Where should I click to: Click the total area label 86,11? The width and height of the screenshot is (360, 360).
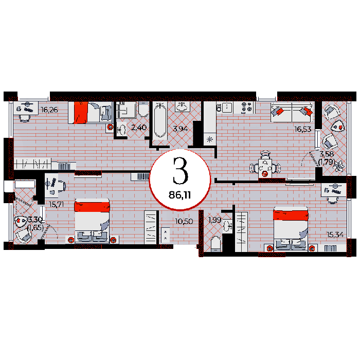[x=180, y=195]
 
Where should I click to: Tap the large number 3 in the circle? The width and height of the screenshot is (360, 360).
[x=180, y=171]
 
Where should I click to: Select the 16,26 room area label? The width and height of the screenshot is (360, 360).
[x=49, y=110]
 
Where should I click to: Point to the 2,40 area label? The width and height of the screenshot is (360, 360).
[x=139, y=128]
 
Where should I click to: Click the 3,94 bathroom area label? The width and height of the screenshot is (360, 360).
[x=181, y=129]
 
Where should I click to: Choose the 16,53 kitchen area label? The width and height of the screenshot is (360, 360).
[x=303, y=129]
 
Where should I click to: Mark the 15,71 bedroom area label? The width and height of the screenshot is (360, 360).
[x=57, y=204]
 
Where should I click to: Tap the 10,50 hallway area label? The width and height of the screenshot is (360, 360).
[x=184, y=221]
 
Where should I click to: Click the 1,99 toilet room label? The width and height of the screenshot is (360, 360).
[x=215, y=220]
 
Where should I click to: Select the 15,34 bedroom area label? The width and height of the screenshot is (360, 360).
[x=335, y=235]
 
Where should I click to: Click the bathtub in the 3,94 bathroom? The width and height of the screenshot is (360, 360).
[x=160, y=120]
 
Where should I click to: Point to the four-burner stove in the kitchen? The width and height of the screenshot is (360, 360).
[x=247, y=107]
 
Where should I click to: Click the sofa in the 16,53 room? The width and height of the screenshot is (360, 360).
[x=292, y=113]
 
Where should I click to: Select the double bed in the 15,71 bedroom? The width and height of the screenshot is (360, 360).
[x=92, y=221]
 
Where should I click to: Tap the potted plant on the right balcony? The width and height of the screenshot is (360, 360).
[x=339, y=166]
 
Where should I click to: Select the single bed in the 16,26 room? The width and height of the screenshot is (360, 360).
[x=90, y=113]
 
